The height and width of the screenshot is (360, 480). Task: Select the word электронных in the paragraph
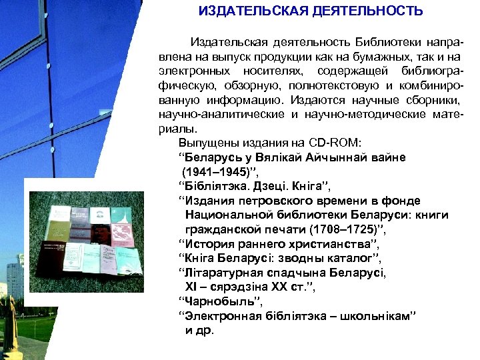[194, 71]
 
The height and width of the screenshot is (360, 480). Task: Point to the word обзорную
[252, 85]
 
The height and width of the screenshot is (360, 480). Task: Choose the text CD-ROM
[334, 143]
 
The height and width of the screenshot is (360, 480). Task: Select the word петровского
[266, 201]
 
